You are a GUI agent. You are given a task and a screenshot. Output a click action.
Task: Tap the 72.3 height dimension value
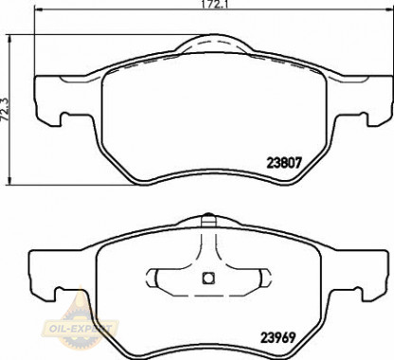click(5, 109)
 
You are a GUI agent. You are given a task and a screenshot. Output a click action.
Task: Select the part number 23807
click(284, 163)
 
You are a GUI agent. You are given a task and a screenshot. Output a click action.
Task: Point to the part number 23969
click(278, 338)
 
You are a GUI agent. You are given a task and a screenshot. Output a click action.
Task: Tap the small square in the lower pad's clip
click(207, 279)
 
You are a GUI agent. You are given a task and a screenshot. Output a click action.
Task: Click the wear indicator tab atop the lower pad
click(207, 219)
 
